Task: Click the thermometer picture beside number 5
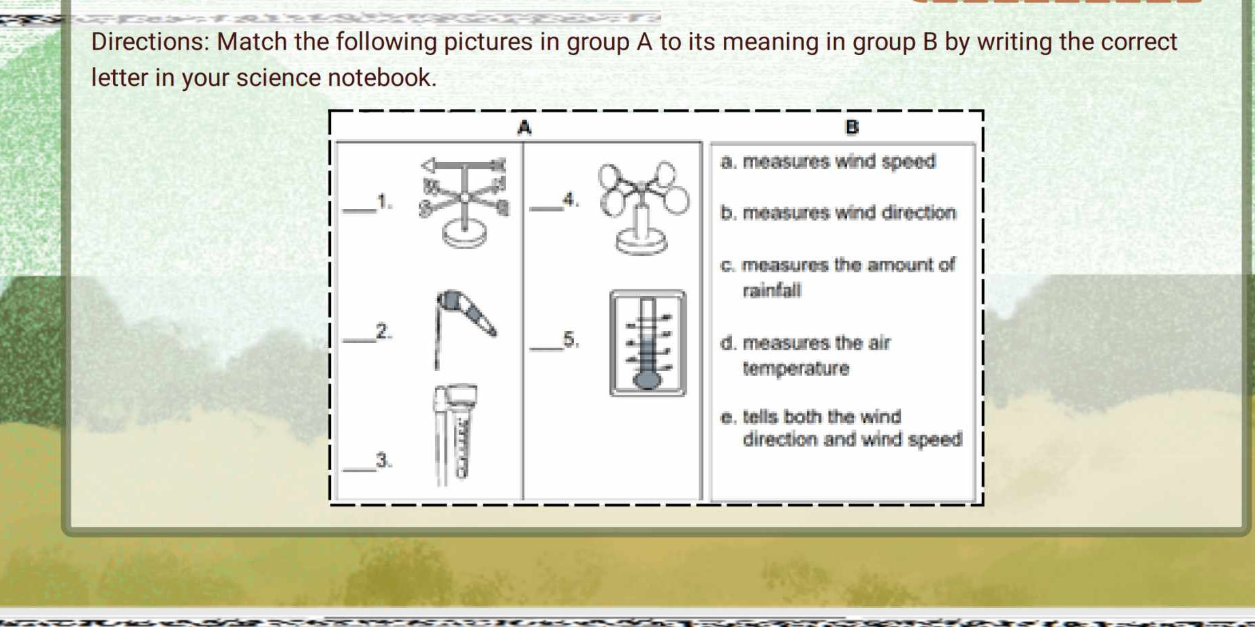point(648,342)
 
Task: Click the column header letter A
point(524,127)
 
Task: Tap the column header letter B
point(851,127)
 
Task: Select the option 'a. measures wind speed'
point(828,162)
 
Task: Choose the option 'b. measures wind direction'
point(838,213)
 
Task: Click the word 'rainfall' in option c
point(772,291)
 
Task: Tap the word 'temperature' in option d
point(796,369)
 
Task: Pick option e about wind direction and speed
point(841,428)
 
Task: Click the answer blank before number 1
point(360,208)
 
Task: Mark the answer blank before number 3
point(360,467)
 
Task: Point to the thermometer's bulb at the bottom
point(648,378)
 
